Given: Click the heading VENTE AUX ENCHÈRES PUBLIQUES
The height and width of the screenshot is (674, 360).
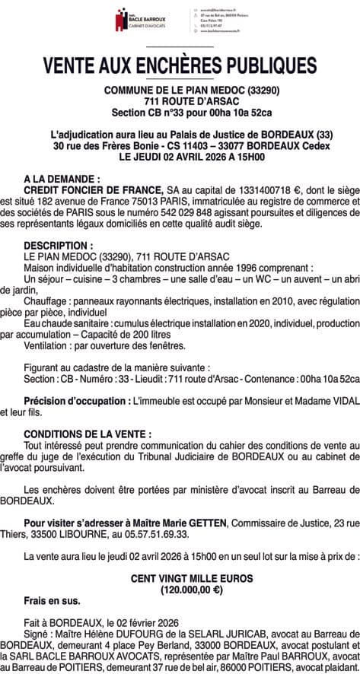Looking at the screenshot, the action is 180,62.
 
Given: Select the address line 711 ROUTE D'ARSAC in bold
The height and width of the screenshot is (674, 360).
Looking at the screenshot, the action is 180,100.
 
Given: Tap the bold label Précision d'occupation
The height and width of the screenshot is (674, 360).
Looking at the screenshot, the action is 77,400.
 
